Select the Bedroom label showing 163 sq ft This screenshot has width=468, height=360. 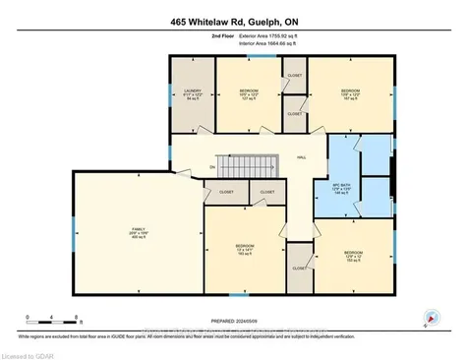(245, 250)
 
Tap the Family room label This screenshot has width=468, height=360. (137, 235)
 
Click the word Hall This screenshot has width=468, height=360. (302, 154)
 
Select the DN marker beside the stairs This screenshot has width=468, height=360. (212, 167)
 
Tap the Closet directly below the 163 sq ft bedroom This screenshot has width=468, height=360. (299, 267)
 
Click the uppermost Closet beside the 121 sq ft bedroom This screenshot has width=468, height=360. (294, 76)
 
